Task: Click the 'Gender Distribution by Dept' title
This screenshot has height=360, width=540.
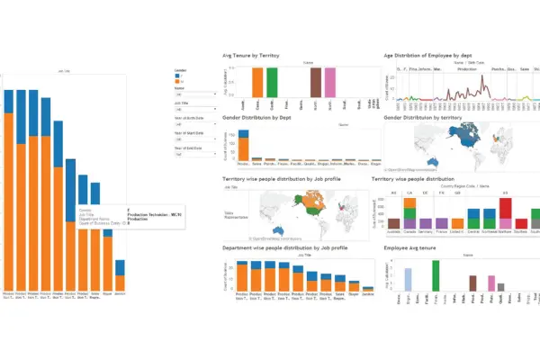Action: point(258,118)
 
